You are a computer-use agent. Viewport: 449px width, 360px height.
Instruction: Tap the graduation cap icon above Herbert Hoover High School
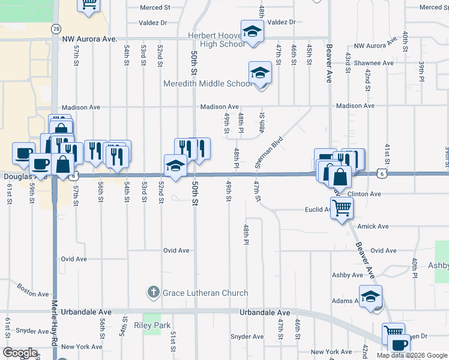253,31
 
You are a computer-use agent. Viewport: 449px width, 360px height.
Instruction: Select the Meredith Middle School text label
208,83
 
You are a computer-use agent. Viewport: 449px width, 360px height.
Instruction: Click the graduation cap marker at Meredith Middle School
260,73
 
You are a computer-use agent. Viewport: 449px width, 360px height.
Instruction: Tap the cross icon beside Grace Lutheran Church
153,293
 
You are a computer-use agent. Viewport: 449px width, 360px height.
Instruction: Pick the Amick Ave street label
373,227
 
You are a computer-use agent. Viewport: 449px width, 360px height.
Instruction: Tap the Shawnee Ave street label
373,63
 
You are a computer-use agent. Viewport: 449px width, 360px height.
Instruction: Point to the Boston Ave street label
34,290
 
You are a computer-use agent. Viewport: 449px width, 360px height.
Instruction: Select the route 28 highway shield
55,29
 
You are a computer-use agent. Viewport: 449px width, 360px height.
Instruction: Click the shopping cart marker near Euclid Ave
342,209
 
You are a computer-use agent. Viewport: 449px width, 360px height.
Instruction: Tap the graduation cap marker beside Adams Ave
370,297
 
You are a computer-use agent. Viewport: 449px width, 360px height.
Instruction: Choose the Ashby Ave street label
348,275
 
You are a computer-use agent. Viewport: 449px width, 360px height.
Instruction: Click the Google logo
20,353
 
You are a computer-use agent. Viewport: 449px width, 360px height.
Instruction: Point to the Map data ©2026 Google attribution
411,355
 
